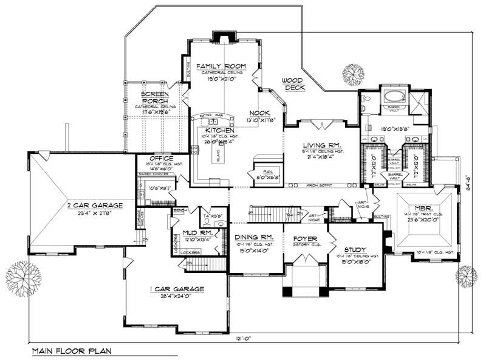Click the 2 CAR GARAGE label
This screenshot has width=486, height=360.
click(x=91, y=206)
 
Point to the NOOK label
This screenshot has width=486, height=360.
click(x=258, y=113)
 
